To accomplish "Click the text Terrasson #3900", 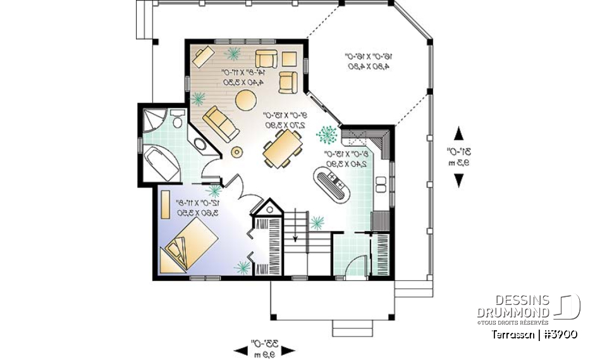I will (x=533, y=333).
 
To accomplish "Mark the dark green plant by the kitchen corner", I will (x=328, y=133).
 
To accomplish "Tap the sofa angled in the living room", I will (x=221, y=123).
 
